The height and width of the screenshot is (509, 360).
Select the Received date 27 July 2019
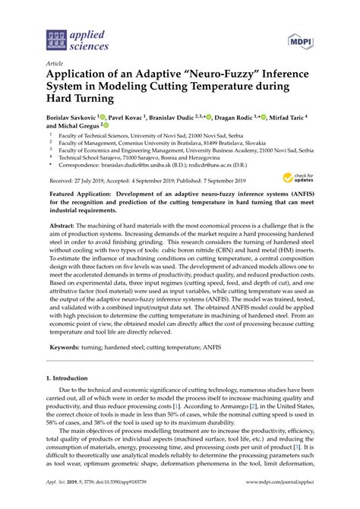pyautogui.click(x=84, y=181)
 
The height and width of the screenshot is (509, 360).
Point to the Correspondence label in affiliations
pyautogui.click(x=83, y=163)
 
